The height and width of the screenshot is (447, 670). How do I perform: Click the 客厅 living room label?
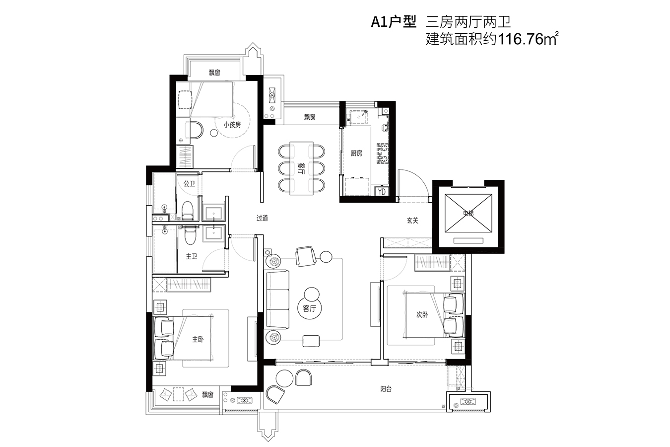click(309, 308)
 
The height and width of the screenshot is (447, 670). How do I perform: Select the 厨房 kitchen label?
click(356, 153)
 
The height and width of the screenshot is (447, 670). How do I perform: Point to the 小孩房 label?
click(232, 125)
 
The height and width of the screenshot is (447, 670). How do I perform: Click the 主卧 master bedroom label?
click(198, 339)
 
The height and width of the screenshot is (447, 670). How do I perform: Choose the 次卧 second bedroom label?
click(422, 314)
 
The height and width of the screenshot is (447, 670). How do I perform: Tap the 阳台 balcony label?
click(386, 389)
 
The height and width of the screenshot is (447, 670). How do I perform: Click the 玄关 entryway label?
click(412, 221)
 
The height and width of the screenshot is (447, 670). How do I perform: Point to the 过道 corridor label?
click(262, 218)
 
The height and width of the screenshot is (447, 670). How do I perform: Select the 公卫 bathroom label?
click(189, 184)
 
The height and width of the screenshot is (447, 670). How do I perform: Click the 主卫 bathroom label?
click(192, 256)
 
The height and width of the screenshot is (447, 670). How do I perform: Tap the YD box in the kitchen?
click(382, 192)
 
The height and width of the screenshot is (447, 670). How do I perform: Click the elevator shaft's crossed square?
click(468, 213)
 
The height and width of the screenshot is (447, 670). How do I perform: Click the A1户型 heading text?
click(394, 22)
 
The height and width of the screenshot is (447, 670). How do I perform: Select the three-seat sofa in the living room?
click(276, 299)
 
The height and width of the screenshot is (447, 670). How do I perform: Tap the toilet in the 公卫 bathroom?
click(188, 210)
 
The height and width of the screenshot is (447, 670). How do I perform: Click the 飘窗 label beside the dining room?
click(310, 117)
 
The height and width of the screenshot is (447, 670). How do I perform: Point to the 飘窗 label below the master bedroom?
click(207, 395)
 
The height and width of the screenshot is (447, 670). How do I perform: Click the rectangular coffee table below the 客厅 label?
click(311, 341)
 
